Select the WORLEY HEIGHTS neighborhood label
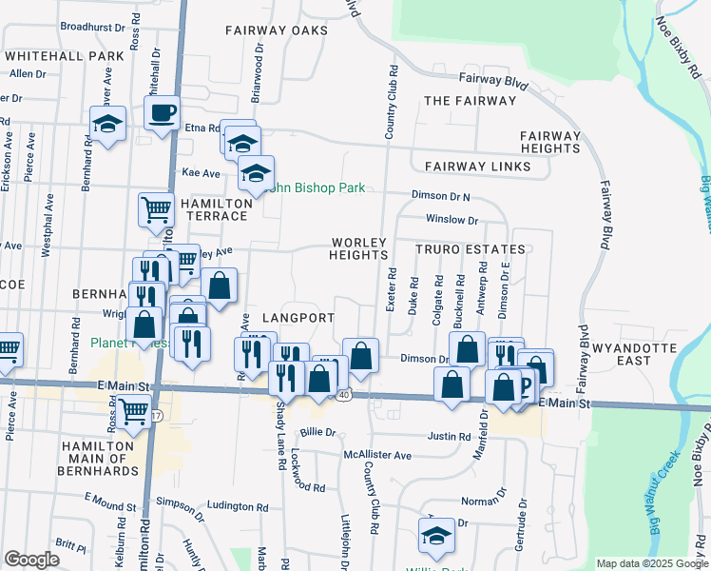(x=358, y=248)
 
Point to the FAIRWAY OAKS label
(x=277, y=30)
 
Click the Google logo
(x=31, y=560)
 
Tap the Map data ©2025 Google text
(x=651, y=563)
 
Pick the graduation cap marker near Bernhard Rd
(x=108, y=125)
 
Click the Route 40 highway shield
(x=343, y=394)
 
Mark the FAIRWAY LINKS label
(x=477, y=167)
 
